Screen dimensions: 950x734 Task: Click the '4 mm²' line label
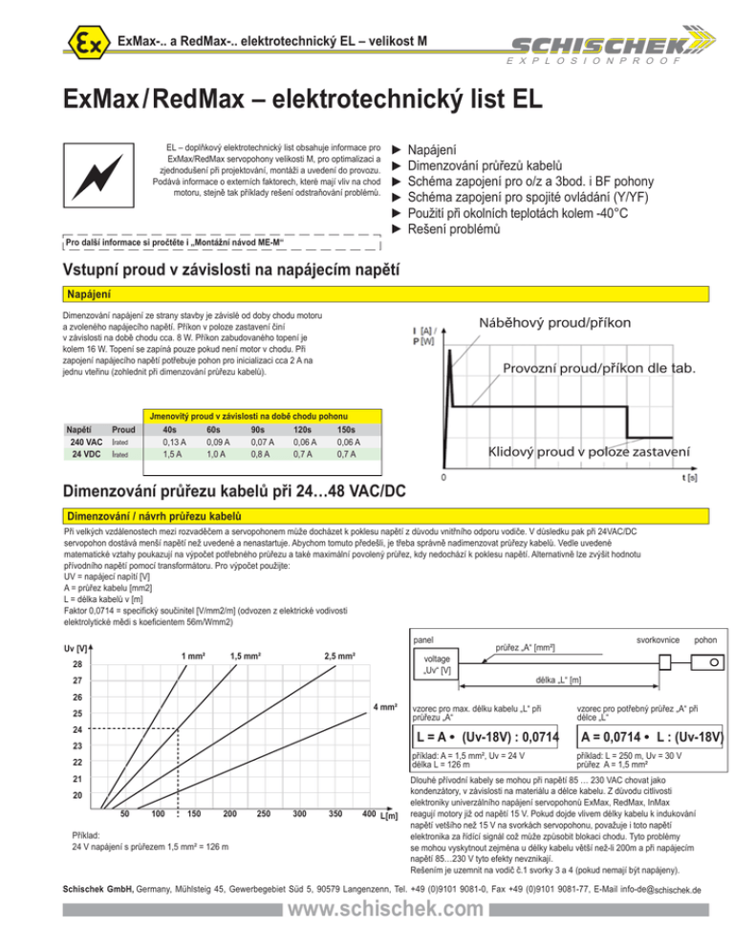(x=385, y=707)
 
